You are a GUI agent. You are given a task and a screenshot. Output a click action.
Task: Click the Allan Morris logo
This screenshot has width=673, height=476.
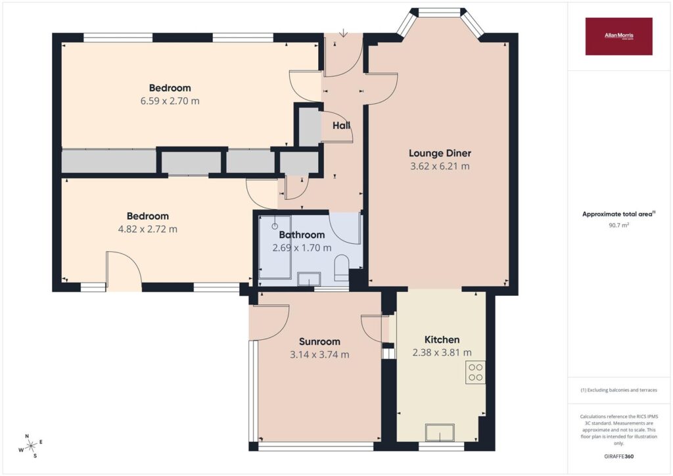618,36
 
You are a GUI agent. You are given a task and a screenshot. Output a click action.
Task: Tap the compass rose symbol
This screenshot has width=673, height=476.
30,446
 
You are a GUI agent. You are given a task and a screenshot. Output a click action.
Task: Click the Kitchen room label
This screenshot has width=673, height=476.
442,339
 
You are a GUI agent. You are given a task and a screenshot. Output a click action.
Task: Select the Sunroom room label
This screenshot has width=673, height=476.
319,342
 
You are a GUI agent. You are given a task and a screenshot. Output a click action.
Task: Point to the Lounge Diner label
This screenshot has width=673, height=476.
440,153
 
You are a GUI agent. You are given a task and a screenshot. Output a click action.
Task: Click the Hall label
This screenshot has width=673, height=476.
341,126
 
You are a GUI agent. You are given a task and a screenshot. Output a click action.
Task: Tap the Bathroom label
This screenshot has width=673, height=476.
302,235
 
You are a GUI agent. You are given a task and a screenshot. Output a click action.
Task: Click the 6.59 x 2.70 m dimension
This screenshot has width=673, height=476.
170,101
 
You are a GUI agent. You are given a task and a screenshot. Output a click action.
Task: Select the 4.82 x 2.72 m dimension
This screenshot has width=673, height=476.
147,229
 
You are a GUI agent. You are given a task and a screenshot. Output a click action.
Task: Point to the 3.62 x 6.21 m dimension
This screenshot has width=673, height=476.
440,166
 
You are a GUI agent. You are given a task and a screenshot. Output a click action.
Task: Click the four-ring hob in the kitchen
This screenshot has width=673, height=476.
476,373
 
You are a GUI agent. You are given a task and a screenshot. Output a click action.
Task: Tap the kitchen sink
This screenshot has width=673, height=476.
440,432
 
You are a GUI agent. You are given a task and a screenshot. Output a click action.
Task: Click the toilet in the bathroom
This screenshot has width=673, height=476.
342,268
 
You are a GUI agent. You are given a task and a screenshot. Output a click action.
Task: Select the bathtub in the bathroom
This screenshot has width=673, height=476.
275,248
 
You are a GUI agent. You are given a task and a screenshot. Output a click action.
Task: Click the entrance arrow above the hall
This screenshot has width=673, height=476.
343,33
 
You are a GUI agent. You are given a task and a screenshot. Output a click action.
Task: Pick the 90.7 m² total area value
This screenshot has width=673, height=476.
618,225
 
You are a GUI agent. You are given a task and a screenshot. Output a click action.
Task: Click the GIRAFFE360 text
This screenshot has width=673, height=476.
618,456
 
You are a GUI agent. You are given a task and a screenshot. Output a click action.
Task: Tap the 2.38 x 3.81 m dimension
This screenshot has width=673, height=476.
442,353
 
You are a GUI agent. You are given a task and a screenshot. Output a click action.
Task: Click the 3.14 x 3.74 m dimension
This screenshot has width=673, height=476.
319,355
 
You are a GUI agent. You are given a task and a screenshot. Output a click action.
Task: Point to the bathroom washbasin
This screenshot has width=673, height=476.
310,279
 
